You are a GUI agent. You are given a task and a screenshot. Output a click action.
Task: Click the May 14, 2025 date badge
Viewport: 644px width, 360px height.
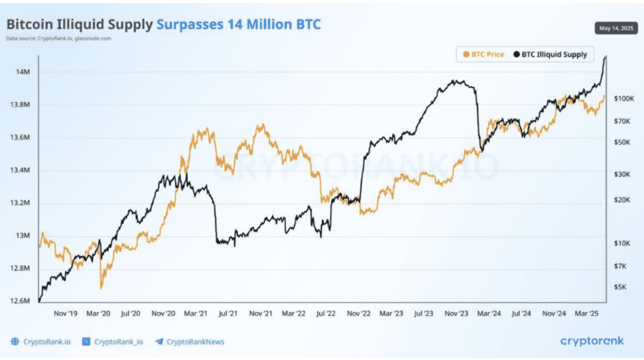pyautogui.click(x=616, y=28)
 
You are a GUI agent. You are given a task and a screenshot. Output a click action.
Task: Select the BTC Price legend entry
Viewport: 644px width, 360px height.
pyautogui.click(x=484, y=54)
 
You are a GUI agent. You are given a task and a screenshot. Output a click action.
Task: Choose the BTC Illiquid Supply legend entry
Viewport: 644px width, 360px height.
pyautogui.click(x=550, y=54)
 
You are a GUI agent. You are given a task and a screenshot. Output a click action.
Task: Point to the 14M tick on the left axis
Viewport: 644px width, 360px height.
pyautogui.click(x=23, y=72)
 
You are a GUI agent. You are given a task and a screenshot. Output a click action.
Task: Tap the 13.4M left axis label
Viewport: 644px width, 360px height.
pyautogui.click(x=20, y=170)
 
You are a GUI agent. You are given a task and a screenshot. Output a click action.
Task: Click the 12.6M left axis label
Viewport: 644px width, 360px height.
pyautogui.click(x=20, y=301)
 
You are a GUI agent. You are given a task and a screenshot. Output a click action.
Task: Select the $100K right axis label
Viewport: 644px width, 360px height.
pyautogui.click(x=624, y=99)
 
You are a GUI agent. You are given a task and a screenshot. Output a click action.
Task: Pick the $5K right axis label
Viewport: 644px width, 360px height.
pyautogui.click(x=620, y=287)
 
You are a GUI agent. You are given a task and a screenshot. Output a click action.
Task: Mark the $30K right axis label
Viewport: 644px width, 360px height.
pyautogui.click(x=622, y=174)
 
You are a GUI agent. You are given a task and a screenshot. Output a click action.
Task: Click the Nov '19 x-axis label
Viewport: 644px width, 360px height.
pyautogui.click(x=65, y=313)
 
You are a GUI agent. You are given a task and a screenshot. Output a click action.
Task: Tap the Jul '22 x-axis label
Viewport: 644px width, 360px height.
pyautogui.click(x=326, y=313)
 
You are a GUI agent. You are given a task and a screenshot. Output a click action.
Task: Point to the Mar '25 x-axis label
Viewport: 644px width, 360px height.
pyautogui.click(x=587, y=313)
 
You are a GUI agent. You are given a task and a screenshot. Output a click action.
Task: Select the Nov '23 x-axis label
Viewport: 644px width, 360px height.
pyautogui.click(x=457, y=313)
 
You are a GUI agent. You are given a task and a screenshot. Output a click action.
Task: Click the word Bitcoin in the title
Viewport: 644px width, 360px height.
pyautogui.click(x=29, y=25)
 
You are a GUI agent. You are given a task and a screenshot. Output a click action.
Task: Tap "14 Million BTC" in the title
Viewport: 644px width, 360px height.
pyautogui.click(x=274, y=25)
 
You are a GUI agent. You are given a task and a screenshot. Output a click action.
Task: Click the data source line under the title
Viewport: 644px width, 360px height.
pyautogui.click(x=58, y=38)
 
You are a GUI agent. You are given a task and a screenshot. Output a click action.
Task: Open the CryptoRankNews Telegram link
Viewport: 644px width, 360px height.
pyautogui.click(x=190, y=342)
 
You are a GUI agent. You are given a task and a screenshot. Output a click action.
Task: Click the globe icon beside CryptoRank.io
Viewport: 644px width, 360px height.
pyautogui.click(x=15, y=342)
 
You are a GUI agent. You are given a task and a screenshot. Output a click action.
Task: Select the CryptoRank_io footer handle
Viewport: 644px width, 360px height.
pyautogui.click(x=118, y=342)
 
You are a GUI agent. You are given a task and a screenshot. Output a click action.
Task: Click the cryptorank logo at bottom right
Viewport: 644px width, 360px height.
pyautogui.click(x=592, y=341)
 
